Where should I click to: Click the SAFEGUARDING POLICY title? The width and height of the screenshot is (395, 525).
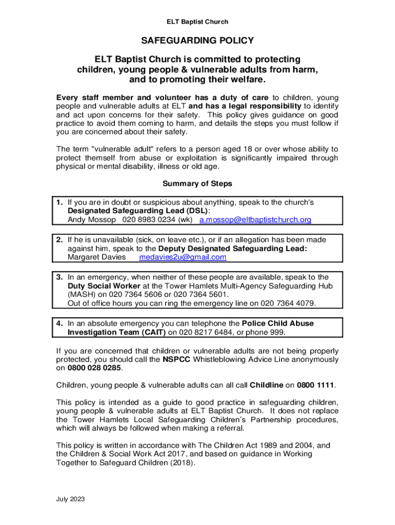pos(197,41)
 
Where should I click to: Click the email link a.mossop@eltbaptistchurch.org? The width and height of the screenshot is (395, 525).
pos(255,220)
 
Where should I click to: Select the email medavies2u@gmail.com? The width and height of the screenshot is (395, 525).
pos(183,257)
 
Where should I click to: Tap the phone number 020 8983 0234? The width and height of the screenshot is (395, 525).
pos(149,220)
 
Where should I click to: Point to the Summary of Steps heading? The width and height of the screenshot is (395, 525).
pos(197,184)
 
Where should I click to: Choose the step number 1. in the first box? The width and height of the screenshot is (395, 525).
pos(60,203)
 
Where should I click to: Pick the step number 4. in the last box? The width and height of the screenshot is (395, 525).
pos(60,324)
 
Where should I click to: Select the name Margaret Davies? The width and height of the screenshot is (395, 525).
pos(96,257)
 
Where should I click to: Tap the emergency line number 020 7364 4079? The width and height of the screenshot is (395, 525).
pos(289,303)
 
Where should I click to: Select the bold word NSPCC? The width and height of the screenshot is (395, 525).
pos(176,359)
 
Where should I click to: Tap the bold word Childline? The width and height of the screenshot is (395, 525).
pos(266,385)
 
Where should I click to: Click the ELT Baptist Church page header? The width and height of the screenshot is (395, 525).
pos(197,22)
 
